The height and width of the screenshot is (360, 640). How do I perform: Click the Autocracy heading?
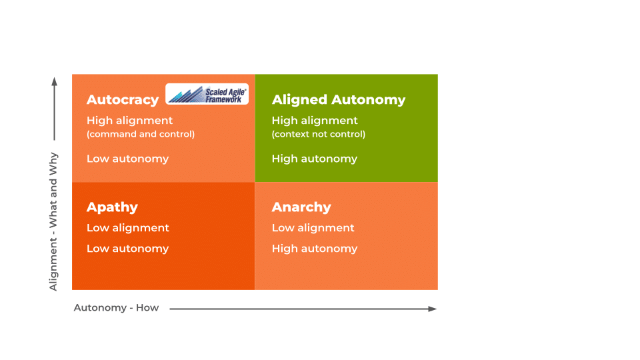coord(123,100)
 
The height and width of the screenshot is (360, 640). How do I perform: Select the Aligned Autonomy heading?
coord(339,100)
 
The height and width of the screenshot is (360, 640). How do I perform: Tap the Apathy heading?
coord(112,207)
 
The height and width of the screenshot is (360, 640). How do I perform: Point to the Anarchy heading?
coord(301,207)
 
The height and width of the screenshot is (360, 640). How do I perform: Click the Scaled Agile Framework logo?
coord(207,94)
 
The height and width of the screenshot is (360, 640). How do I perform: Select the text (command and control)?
coord(141,134)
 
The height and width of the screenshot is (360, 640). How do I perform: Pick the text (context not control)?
coord(319,134)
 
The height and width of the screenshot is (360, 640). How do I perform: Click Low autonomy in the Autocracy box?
coord(127,159)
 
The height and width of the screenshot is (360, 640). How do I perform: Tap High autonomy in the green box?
coord(314,159)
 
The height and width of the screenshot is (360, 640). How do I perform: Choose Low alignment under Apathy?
coord(128,228)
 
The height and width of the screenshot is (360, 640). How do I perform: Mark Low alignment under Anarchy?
coord(313,228)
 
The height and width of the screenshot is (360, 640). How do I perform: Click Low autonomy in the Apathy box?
coord(127,249)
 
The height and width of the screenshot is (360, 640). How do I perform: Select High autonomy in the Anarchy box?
coord(314,249)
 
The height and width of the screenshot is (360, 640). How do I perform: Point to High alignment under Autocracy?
coord(129,121)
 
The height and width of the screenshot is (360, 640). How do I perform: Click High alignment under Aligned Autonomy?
coord(315,121)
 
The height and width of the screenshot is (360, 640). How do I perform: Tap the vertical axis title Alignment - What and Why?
coord(53,221)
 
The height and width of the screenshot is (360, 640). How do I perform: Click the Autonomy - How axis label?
coord(116,308)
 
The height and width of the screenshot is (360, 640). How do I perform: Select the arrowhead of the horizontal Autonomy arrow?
coord(433,309)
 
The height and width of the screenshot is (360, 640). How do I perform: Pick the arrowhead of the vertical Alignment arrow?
coord(54,81)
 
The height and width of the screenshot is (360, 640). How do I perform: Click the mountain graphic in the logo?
coord(186,95)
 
